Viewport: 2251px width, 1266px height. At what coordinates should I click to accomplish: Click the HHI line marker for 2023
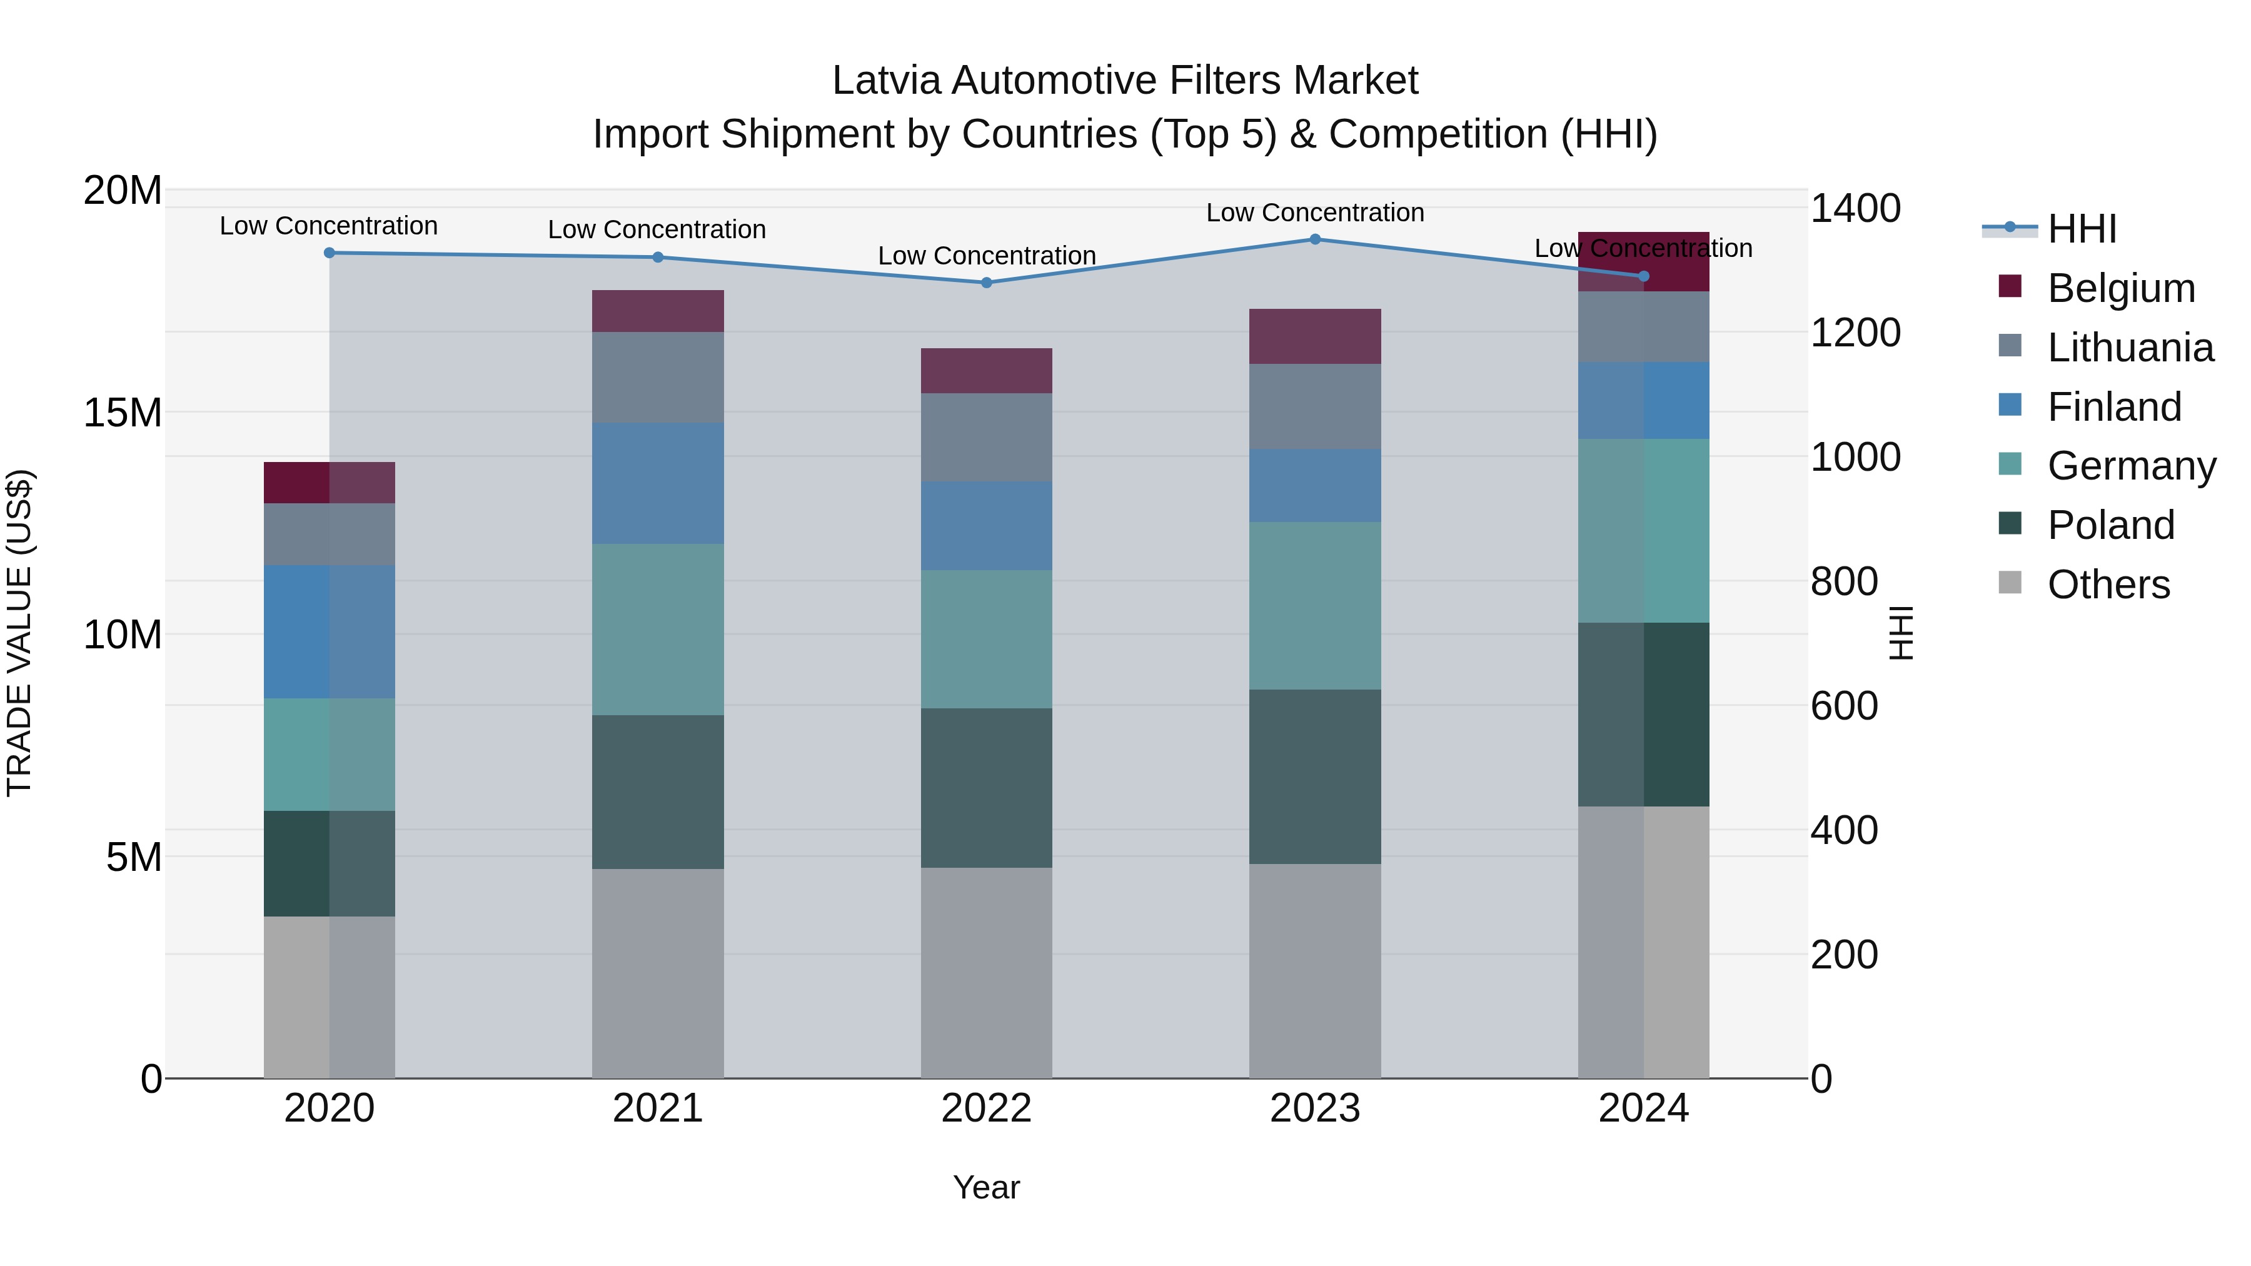[x=1314, y=239]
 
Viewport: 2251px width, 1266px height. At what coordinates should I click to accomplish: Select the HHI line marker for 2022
[x=987, y=282]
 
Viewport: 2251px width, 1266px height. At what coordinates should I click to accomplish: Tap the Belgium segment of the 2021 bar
[x=658, y=311]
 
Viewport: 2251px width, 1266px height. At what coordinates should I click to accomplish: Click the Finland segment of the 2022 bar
[x=987, y=526]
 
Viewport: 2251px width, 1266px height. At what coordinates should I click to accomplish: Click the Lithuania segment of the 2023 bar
[x=1314, y=406]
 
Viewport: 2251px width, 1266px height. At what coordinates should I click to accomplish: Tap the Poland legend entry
[x=2110, y=525]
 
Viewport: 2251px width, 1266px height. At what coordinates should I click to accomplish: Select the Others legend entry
[x=2108, y=585]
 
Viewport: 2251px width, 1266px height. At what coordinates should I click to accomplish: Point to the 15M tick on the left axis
[x=123, y=413]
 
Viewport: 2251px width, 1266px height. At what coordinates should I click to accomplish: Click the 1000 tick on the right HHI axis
[x=1855, y=457]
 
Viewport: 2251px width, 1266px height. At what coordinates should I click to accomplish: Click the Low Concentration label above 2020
[x=328, y=226]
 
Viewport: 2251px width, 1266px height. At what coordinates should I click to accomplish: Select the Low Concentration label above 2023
[x=1314, y=213]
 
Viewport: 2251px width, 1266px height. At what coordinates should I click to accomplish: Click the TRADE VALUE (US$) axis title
[x=19, y=633]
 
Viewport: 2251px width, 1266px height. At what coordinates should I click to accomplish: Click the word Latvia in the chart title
[x=885, y=81]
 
